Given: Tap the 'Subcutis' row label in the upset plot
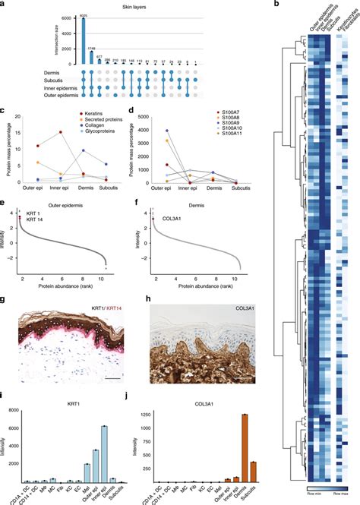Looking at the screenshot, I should tap(62, 80).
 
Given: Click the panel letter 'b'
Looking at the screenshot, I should tap(276, 5).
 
